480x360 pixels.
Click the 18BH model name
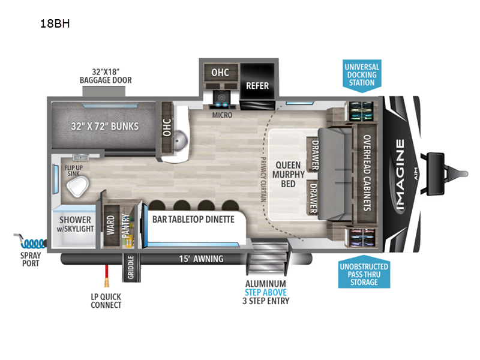55,23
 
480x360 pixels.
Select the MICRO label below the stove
222,115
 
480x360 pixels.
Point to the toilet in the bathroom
78,186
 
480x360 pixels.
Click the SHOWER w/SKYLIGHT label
76,224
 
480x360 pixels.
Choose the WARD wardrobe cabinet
111,226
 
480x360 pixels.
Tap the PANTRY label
126,226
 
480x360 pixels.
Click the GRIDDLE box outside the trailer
131,267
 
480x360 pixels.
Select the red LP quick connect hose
107,275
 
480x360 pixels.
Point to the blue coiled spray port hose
31,242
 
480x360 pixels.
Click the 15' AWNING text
201,259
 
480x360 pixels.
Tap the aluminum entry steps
267,257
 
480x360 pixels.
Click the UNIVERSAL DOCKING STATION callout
362,76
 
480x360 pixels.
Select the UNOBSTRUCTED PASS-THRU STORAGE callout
364,272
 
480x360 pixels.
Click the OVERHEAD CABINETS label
367,173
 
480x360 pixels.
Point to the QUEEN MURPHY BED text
289,175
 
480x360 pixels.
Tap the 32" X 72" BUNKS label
104,126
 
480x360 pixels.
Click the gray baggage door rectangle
104,91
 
